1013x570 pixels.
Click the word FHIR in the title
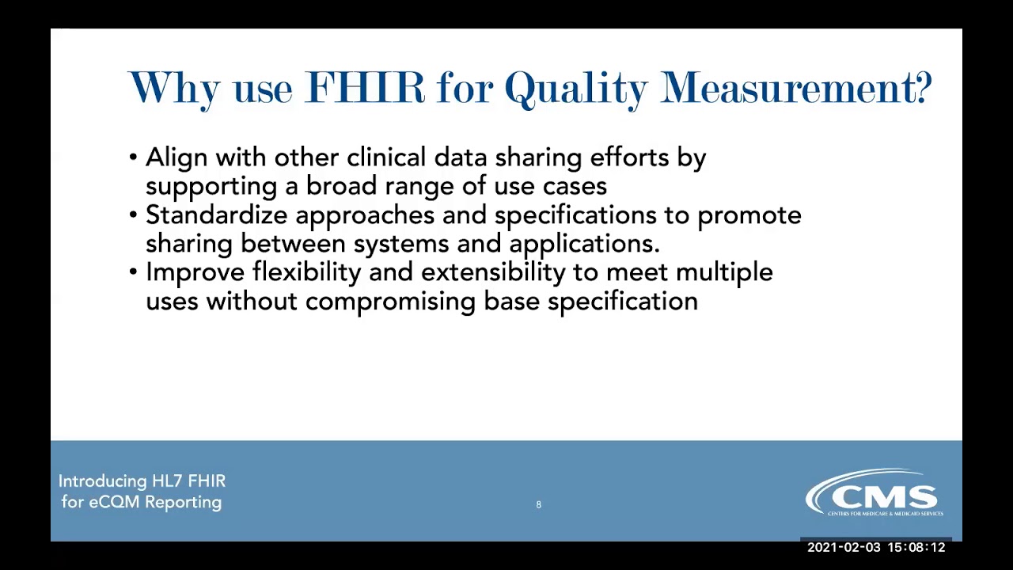pos(364,87)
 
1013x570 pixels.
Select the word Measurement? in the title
pos(796,87)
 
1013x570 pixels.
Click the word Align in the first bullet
pos(176,158)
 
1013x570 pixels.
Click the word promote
pos(749,216)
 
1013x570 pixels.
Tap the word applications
pos(584,244)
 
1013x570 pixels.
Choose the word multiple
pos(724,272)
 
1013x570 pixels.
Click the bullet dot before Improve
pos(133,272)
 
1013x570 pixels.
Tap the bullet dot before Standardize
pos(133,215)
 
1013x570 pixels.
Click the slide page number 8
pos(539,504)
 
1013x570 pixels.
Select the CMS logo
pos(874,494)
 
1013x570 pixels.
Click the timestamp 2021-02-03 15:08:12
pos(875,547)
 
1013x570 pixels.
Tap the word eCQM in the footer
pos(113,502)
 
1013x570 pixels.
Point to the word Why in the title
pos(174,88)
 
